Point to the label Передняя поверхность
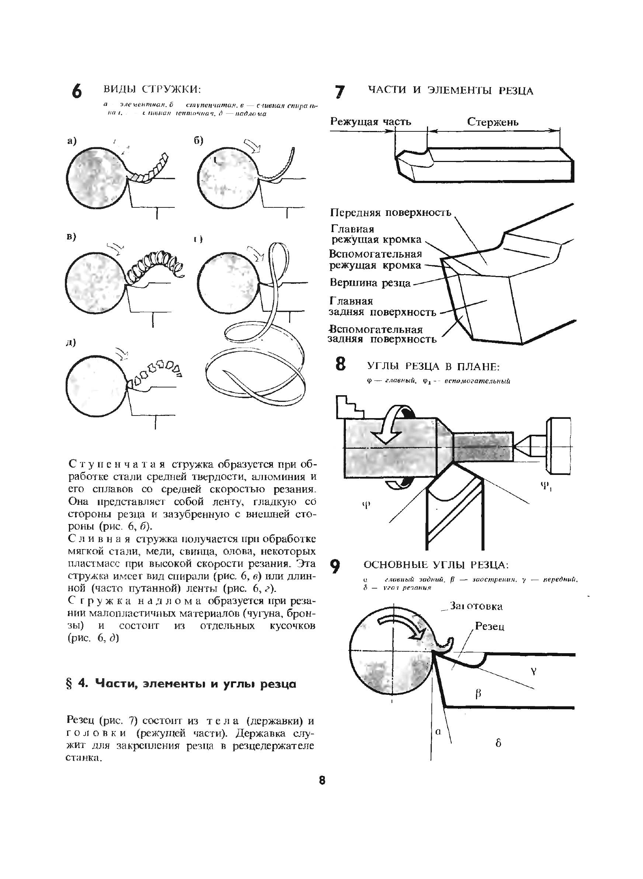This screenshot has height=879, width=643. (x=390, y=213)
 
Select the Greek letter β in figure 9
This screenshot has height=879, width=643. (x=479, y=694)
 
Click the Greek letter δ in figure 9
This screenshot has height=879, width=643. (x=498, y=743)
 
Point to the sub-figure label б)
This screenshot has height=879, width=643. (x=198, y=141)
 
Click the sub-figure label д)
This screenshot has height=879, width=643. (x=71, y=343)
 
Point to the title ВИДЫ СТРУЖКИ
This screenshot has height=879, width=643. (x=152, y=89)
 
